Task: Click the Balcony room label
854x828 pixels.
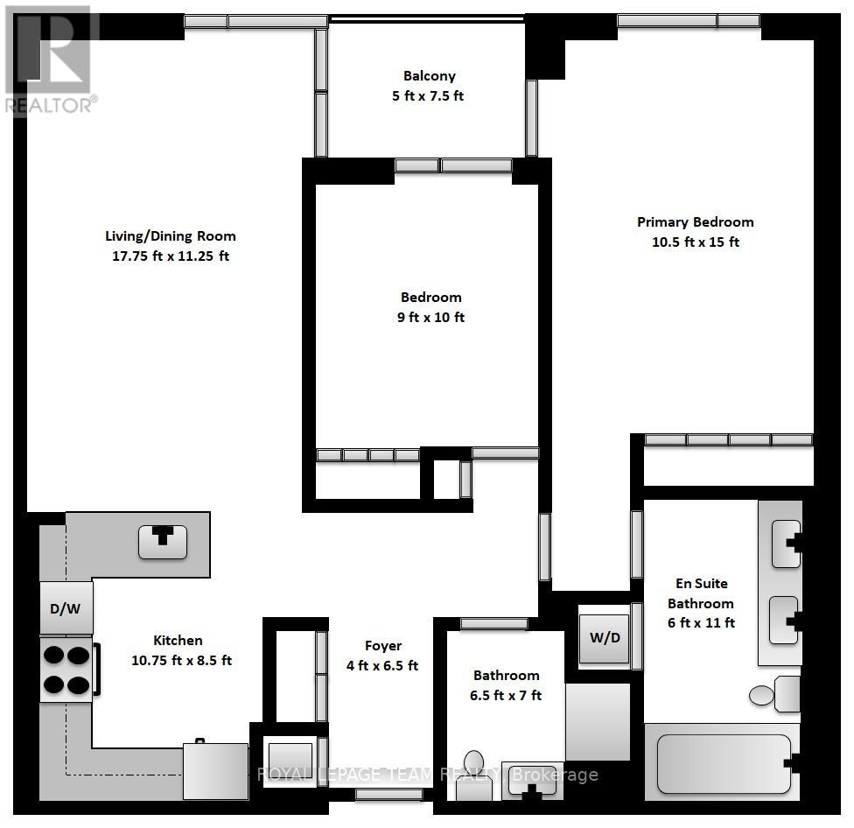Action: click(429, 76)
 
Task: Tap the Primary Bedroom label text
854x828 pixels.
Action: click(695, 222)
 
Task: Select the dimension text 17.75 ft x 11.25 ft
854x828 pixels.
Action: click(171, 256)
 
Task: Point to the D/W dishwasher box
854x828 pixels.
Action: click(66, 608)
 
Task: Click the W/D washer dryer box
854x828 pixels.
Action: click(604, 637)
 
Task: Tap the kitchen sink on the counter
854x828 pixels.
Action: click(163, 542)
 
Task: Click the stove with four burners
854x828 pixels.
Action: click(66, 669)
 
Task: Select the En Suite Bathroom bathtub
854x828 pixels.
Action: click(723, 762)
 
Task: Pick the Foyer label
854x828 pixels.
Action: click(383, 646)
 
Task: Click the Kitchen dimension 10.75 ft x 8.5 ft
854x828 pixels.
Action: click(181, 661)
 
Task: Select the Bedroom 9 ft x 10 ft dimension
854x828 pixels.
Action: click(430, 318)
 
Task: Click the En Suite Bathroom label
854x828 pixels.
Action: click(700, 593)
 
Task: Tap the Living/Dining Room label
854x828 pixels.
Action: click(171, 236)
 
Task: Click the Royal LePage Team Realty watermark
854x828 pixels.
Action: click(427, 775)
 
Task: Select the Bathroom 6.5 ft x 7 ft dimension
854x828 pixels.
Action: click(507, 696)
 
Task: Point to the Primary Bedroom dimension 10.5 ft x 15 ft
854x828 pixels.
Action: click(695, 242)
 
